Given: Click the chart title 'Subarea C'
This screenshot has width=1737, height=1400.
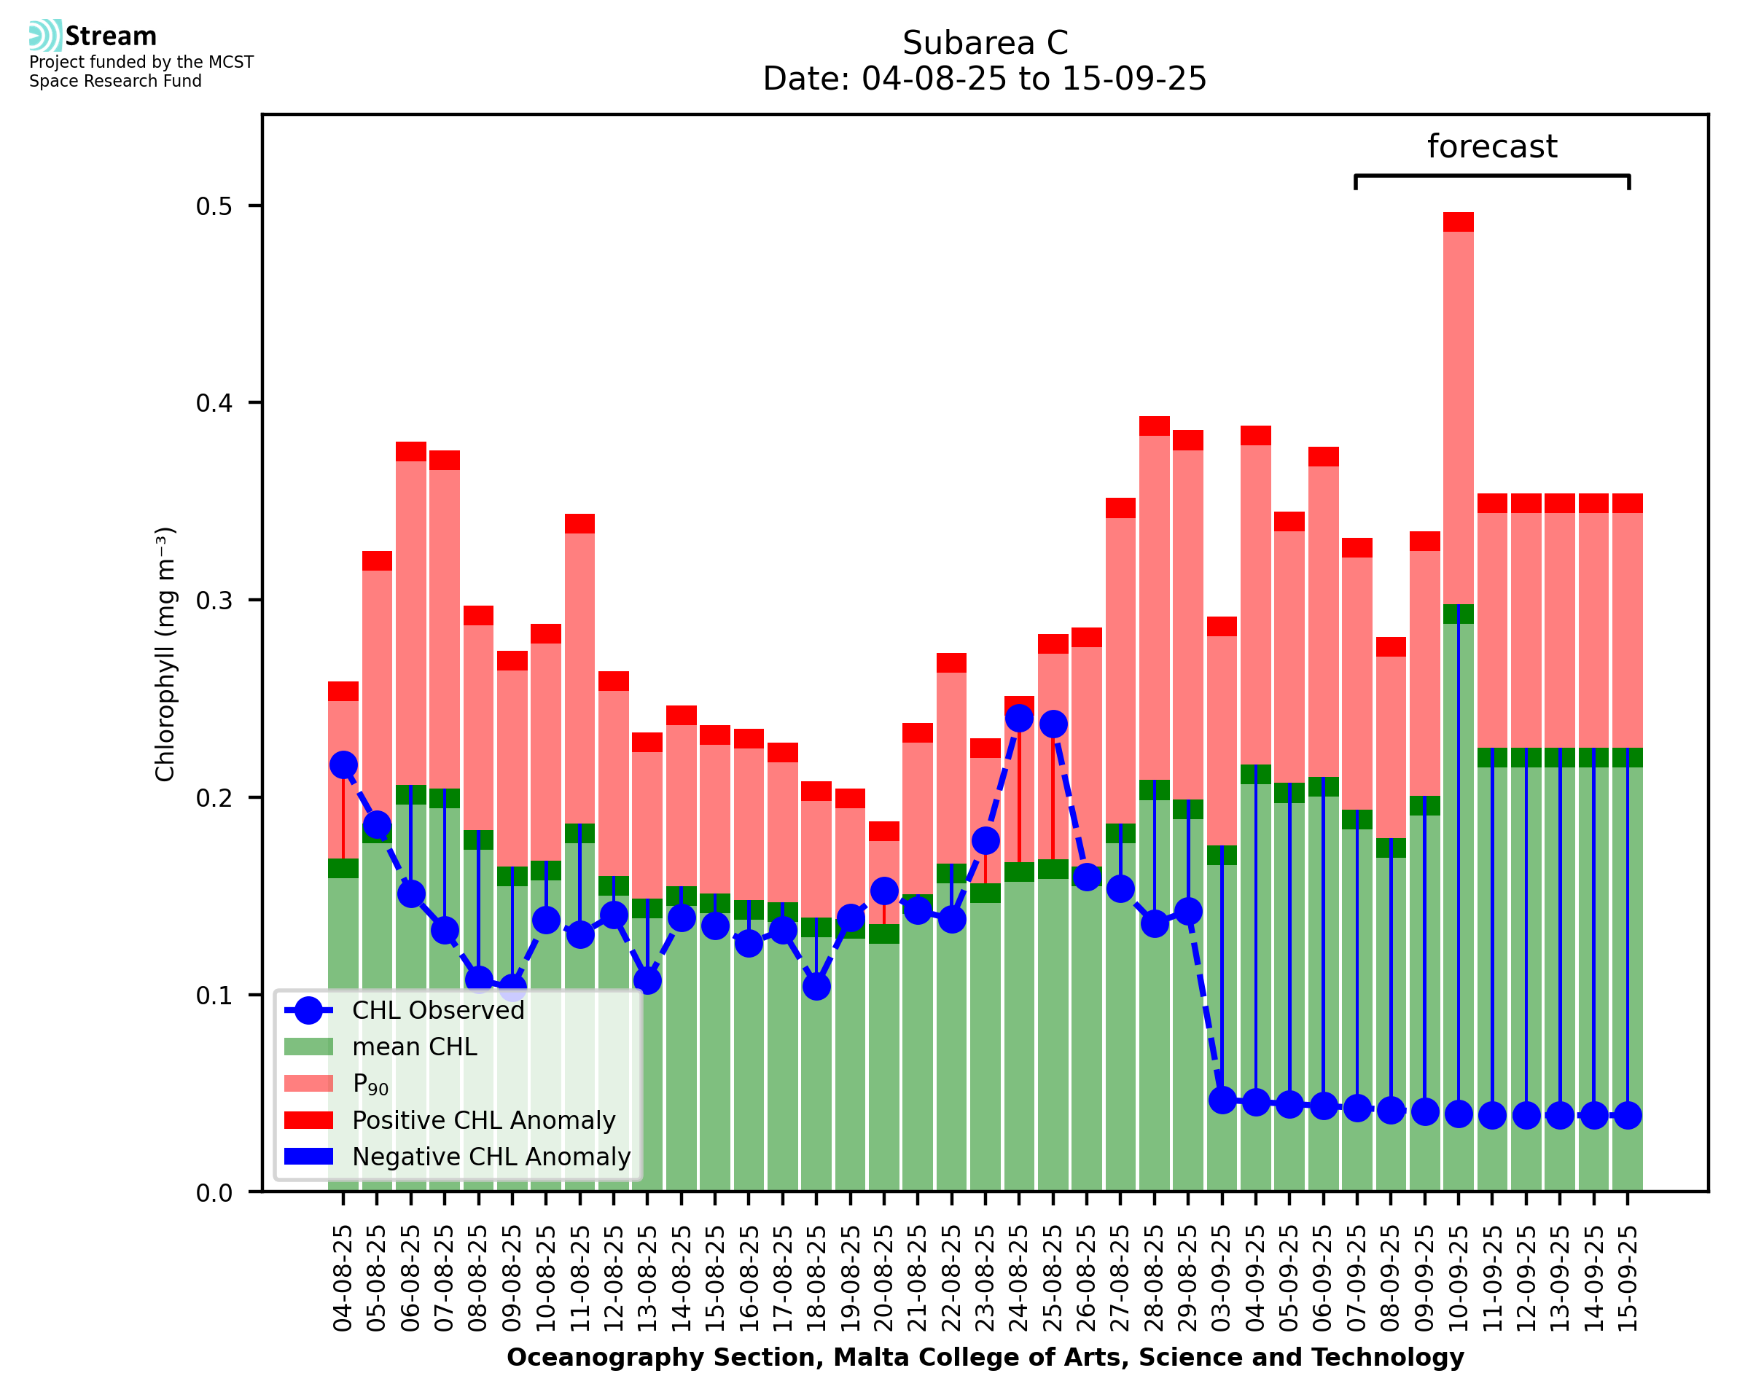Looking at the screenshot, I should pos(985,43).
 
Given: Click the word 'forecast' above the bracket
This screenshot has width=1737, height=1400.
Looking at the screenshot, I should pos(1491,146).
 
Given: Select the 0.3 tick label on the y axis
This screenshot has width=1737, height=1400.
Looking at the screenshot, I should pos(214,601).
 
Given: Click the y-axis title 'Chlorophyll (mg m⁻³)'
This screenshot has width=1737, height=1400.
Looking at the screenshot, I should pos(165,654).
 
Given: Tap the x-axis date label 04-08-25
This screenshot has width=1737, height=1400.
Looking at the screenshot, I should pos(343,1278).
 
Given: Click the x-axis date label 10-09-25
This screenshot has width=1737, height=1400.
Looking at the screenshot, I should pos(1458,1278).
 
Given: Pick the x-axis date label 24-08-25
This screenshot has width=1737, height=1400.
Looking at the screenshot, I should pos(1018,1278).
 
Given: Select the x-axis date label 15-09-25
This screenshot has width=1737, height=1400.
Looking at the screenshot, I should pos(1628,1278).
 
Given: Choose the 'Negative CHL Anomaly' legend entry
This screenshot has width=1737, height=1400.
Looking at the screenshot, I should pos(491,1157).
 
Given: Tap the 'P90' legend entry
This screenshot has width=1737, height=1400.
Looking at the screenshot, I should pos(370,1084).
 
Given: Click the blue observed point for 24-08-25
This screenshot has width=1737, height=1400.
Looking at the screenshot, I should pos(1019,718).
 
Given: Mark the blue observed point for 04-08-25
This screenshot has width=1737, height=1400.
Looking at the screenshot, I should pos(343,764).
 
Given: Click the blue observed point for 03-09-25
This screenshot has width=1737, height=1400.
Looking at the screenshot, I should pos(1222,1100).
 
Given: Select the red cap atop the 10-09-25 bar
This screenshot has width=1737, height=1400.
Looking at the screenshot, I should pos(1458,222).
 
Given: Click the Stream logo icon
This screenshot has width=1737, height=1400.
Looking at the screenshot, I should pos(45,36).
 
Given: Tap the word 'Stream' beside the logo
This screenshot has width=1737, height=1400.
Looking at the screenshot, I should pos(112,36).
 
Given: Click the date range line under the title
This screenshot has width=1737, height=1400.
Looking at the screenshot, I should pos(985,79).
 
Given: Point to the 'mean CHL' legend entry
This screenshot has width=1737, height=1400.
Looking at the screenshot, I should pos(415,1047).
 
